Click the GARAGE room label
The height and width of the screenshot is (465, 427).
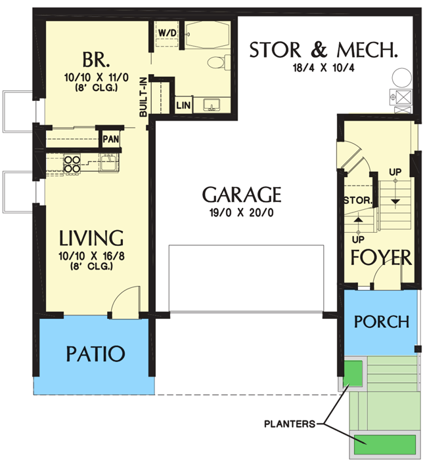(x=242, y=195)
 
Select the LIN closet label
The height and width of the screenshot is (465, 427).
(x=182, y=105)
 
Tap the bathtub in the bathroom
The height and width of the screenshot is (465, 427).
(x=206, y=34)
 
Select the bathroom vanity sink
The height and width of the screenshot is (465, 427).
(x=212, y=105)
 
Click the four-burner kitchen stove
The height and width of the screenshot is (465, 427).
(x=72, y=163)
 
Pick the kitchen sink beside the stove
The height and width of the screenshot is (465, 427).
(x=109, y=162)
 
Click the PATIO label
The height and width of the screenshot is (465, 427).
(x=95, y=354)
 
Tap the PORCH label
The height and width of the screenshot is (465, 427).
(x=381, y=322)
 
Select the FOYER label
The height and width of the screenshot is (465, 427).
(x=381, y=258)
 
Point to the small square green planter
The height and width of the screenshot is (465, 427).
(x=354, y=373)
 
